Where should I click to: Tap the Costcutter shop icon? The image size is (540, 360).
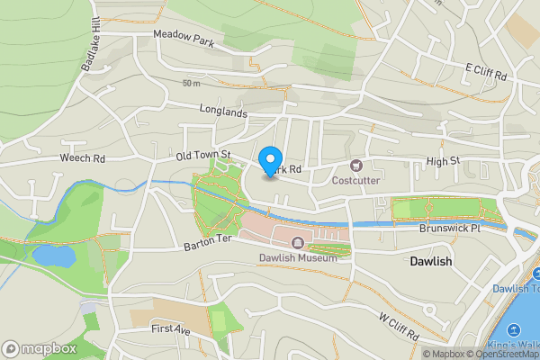(355, 165)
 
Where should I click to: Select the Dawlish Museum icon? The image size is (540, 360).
(297, 242)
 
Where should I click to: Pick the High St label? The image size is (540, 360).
(443, 161)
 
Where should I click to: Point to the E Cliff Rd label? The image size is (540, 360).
(487, 69)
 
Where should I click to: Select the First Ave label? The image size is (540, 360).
(171, 329)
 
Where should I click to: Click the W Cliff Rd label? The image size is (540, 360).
(399, 328)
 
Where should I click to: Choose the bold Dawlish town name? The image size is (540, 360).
(429, 262)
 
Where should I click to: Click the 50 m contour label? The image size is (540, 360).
(190, 84)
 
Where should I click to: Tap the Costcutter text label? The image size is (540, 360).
(355, 180)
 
